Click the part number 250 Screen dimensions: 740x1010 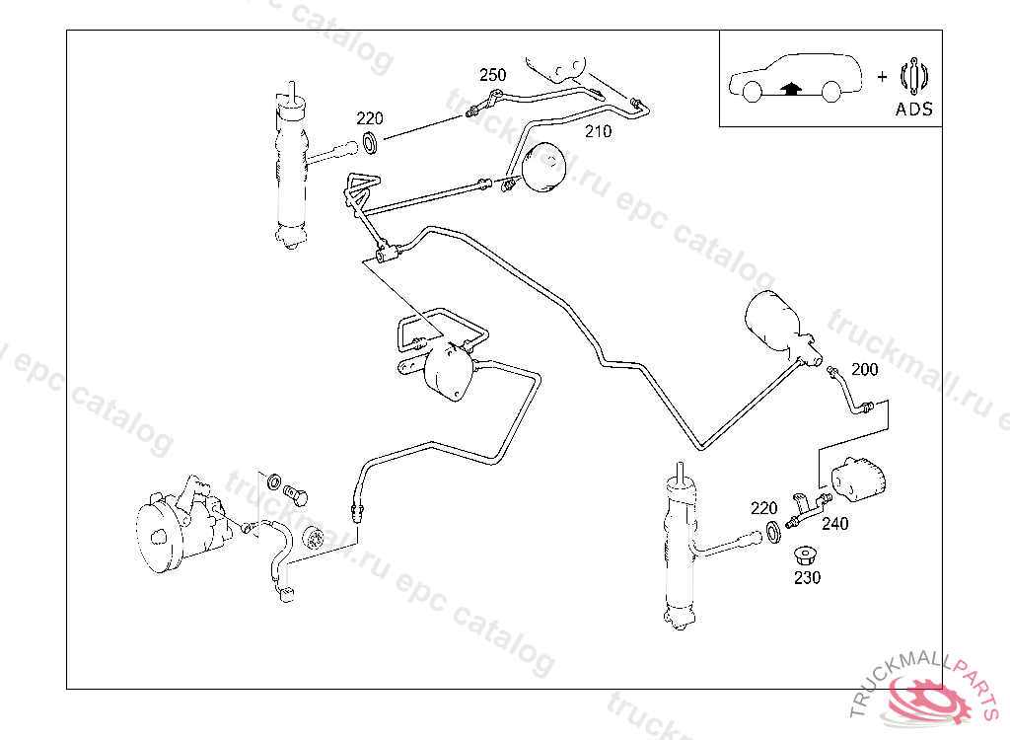tap(492, 75)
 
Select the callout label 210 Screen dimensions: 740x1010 tap(598, 131)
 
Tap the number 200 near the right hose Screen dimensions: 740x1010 tap(864, 370)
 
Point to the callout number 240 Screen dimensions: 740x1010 tap(834, 524)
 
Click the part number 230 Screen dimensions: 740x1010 tap(807, 578)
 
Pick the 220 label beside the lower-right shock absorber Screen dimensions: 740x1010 tap(763, 508)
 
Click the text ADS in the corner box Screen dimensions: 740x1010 tap(913, 110)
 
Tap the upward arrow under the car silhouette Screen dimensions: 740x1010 tap(789, 88)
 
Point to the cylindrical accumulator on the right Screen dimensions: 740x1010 tap(775, 321)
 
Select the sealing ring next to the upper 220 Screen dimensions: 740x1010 tap(372, 143)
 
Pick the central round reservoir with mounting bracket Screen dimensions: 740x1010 tap(450, 372)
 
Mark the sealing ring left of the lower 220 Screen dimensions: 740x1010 tap(775, 534)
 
